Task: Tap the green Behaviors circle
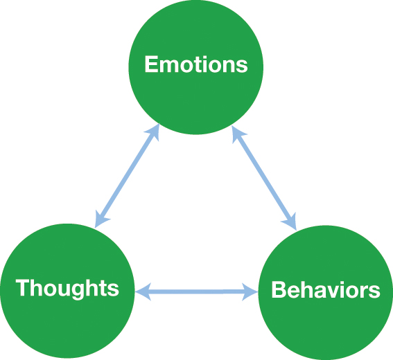point(326,318)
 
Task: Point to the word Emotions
point(196,65)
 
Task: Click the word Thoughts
point(67,287)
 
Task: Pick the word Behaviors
point(326,290)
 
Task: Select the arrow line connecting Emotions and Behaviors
point(264,177)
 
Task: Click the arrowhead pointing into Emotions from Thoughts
point(155,132)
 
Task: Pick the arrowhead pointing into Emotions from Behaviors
point(236,132)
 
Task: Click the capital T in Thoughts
point(23,287)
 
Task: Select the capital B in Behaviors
point(279,290)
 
